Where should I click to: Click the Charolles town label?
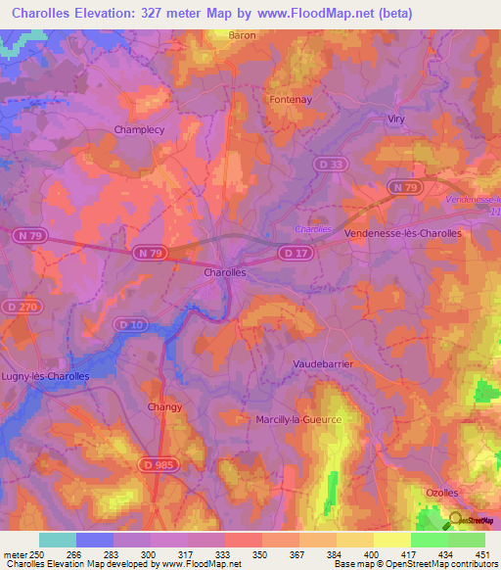[x=224, y=273]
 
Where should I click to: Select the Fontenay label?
[x=290, y=99]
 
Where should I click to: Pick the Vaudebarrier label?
[x=323, y=363]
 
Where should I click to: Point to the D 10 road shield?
[x=128, y=323]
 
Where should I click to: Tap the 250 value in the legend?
[x=36, y=554]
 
